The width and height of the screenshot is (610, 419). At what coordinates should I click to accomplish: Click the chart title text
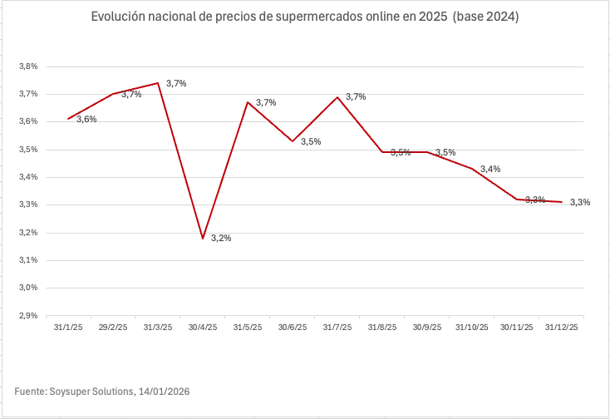click(304, 17)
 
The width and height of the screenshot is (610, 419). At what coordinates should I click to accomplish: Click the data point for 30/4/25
click(203, 239)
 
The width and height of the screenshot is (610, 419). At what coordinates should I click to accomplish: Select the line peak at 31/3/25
click(158, 83)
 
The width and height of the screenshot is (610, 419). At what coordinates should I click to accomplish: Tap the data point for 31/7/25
click(337, 97)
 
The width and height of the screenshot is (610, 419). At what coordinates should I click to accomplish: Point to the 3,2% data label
click(221, 239)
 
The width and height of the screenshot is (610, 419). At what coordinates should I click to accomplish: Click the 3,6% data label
click(86, 120)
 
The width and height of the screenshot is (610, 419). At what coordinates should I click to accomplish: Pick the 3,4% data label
click(490, 170)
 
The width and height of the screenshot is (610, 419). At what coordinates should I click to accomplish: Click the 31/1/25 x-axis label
click(68, 328)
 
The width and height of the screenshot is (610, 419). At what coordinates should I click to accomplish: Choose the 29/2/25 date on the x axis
click(113, 328)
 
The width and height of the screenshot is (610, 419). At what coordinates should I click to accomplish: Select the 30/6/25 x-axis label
click(293, 328)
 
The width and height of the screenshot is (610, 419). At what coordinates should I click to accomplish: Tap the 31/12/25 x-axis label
click(562, 328)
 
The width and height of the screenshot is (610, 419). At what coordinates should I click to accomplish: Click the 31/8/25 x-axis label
click(382, 328)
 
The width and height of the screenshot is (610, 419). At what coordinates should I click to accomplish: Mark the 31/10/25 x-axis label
click(472, 328)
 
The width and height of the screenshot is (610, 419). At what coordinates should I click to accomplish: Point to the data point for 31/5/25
click(248, 102)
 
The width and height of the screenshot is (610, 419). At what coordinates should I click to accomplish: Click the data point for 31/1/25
click(68, 119)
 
